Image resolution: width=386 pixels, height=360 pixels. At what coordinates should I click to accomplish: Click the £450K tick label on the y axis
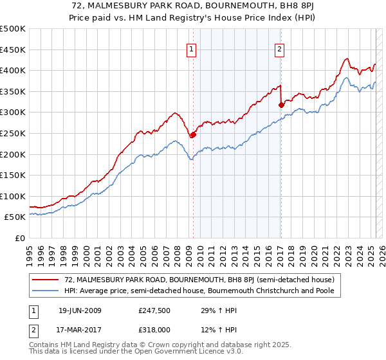(13, 50)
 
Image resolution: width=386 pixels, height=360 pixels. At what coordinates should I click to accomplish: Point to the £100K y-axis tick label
(13, 196)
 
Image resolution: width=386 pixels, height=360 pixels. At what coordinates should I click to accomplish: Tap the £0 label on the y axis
(19, 239)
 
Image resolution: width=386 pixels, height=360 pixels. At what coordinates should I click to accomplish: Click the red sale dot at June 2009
(193, 134)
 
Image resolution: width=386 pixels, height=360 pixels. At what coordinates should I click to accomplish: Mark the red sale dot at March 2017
(281, 105)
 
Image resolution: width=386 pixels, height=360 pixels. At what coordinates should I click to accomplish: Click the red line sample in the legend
(46, 280)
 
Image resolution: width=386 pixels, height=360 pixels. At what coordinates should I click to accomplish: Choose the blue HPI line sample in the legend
(46, 291)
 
